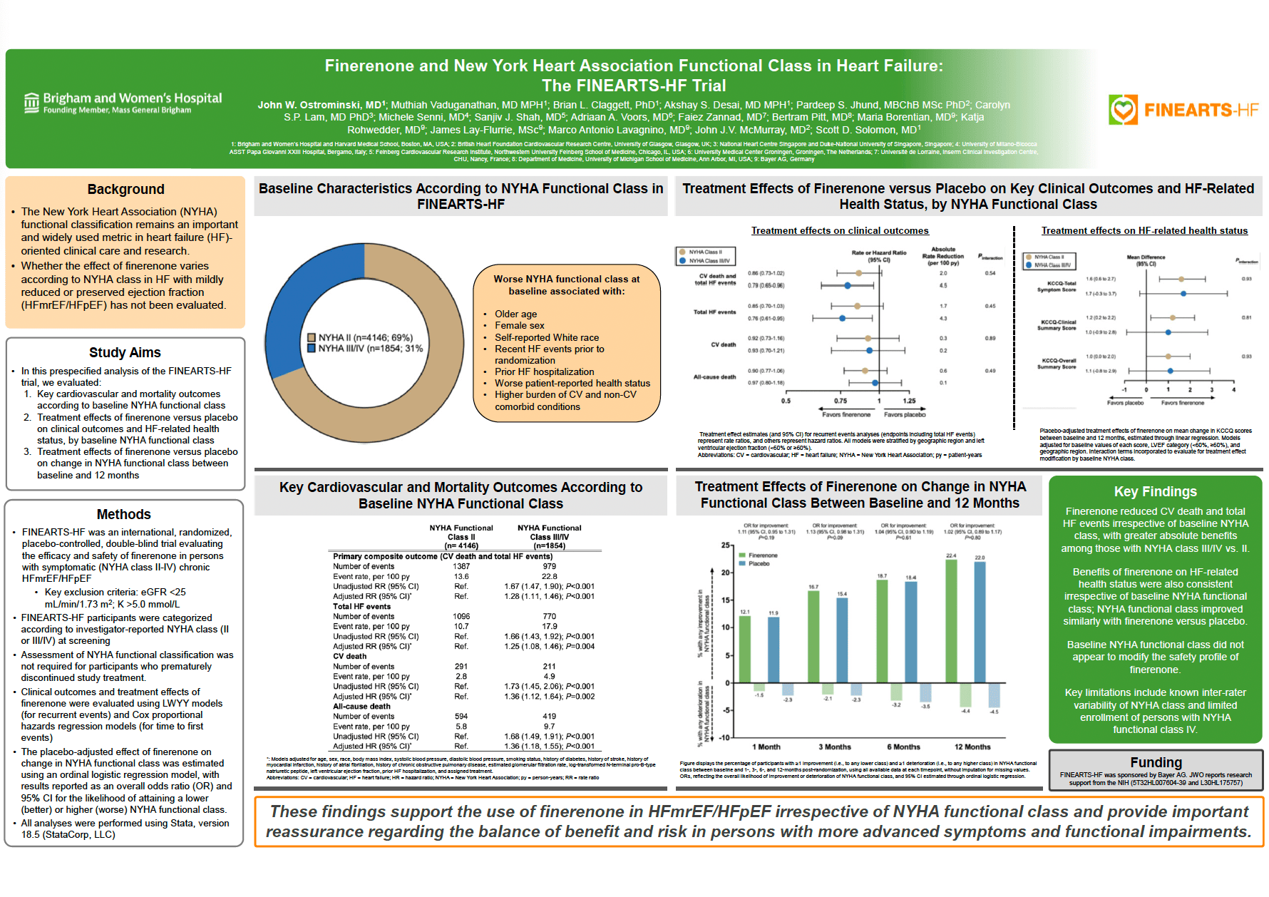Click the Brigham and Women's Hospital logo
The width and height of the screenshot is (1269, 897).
click(123, 103)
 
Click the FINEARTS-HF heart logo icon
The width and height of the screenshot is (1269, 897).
click(1123, 110)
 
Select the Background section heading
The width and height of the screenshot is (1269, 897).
click(125, 189)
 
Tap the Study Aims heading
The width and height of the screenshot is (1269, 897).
click(125, 352)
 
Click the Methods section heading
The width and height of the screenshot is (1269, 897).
click(124, 514)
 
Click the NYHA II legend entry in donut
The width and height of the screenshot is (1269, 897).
click(359, 337)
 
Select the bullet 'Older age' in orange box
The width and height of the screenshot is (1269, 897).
click(515, 314)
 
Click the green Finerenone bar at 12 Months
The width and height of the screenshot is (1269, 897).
click(951, 620)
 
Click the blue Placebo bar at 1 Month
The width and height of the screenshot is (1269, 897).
click(774, 649)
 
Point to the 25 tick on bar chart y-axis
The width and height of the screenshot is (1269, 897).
click(726, 545)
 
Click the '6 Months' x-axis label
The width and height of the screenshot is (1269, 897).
click(903, 747)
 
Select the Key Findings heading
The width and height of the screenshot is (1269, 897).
click(1155, 491)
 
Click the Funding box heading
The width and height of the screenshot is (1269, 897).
click(1156, 762)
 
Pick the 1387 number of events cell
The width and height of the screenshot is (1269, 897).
click(461, 566)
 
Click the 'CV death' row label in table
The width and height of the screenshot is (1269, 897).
click(349, 656)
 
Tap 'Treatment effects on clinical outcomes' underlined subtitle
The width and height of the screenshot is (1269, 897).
click(840, 230)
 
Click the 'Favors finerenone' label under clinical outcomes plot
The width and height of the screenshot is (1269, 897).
click(846, 414)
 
